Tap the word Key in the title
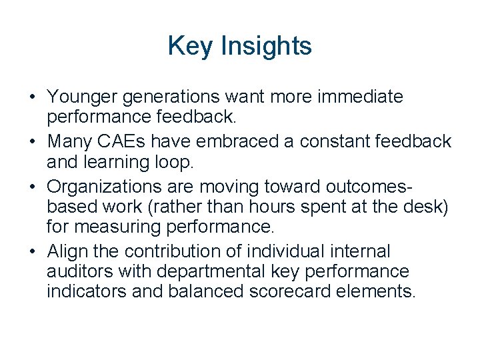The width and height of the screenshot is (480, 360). coord(189,46)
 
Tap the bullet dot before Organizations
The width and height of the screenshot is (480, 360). coord(32,187)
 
